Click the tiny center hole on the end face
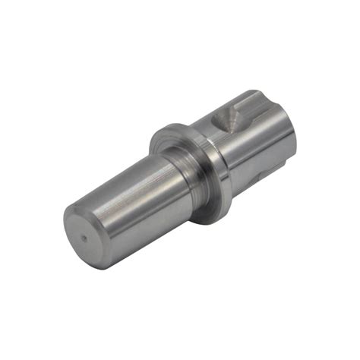(84, 237)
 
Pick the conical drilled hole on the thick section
(226, 119)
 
